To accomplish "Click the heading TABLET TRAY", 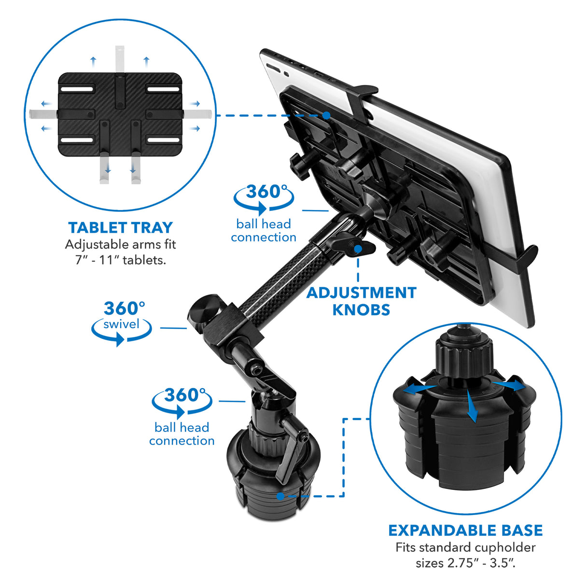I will click(120, 227).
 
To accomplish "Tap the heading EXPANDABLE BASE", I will click(465, 530).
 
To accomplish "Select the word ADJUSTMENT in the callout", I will click(361, 293).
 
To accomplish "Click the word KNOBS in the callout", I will click(361, 309).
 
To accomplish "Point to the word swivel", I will click(121, 324).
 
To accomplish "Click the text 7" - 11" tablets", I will click(120, 260).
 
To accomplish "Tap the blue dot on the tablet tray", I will click(326, 115).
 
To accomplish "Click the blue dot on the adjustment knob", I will click(358, 249).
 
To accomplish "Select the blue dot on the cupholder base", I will click(280, 496).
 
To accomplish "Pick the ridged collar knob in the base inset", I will click(464, 357).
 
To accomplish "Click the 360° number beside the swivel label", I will click(124, 308).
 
